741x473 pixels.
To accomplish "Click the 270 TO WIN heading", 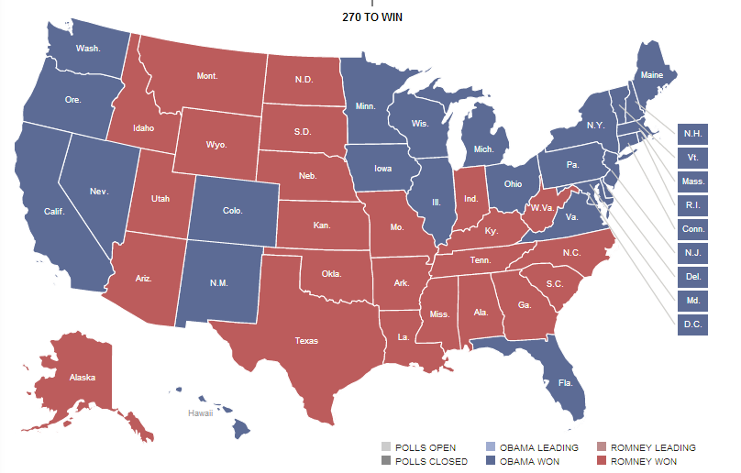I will pos(371,17).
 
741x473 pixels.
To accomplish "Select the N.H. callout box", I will pos(692,134).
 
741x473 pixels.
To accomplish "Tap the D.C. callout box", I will pos(692,324).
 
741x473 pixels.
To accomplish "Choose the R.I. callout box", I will pos(692,205).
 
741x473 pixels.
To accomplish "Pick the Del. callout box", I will pos(692,277).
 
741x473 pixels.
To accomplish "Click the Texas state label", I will pos(306,341).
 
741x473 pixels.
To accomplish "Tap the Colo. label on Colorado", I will pos(232,211).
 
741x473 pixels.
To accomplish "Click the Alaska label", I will pos(82,377).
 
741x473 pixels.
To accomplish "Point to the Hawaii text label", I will pos(201,413).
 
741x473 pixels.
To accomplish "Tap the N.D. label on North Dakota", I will pos(304,79).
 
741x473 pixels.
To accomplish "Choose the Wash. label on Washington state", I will pos(88,48).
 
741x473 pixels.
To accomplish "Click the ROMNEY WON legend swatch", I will pos(602,461).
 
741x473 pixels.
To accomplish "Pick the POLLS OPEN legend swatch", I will pos(386,447).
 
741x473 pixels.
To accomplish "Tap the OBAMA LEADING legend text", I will pos(539,447).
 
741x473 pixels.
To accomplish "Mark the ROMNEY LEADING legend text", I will pos(653,447).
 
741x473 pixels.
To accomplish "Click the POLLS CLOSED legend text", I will pos(431,461).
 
